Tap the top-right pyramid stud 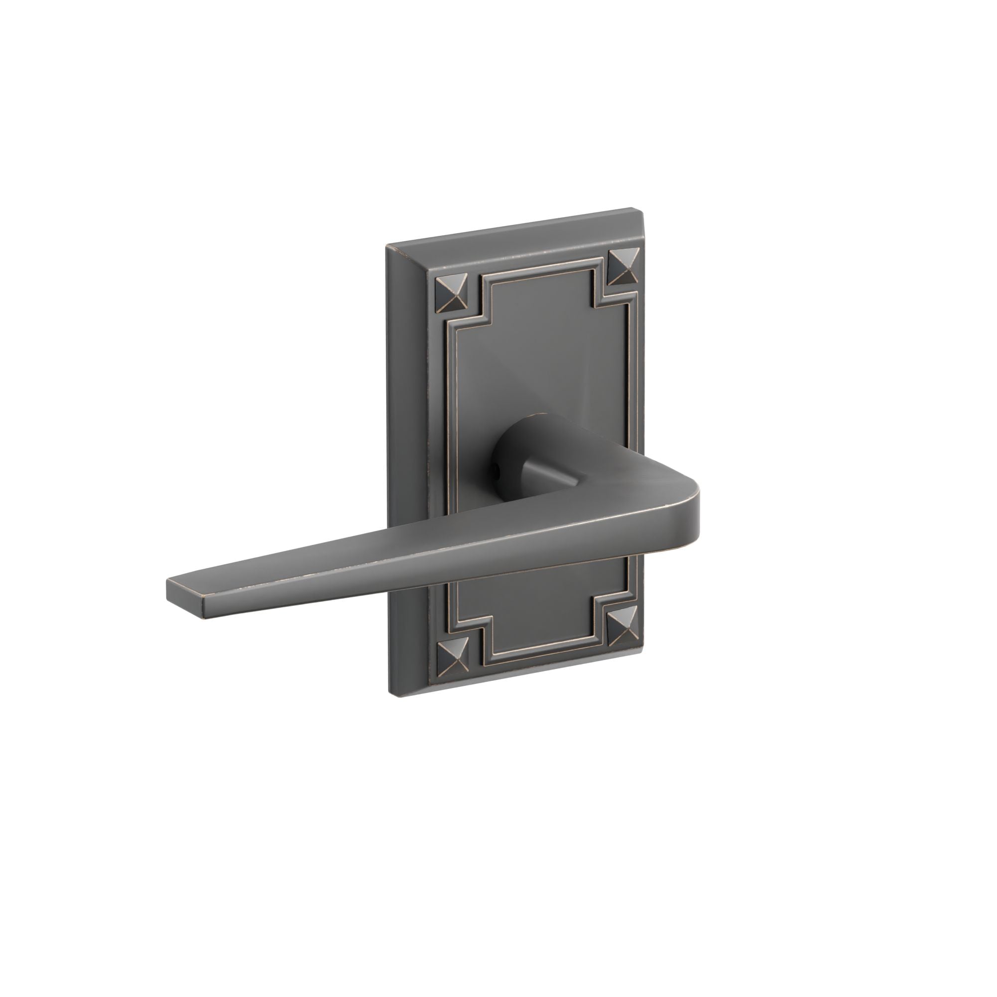623,267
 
